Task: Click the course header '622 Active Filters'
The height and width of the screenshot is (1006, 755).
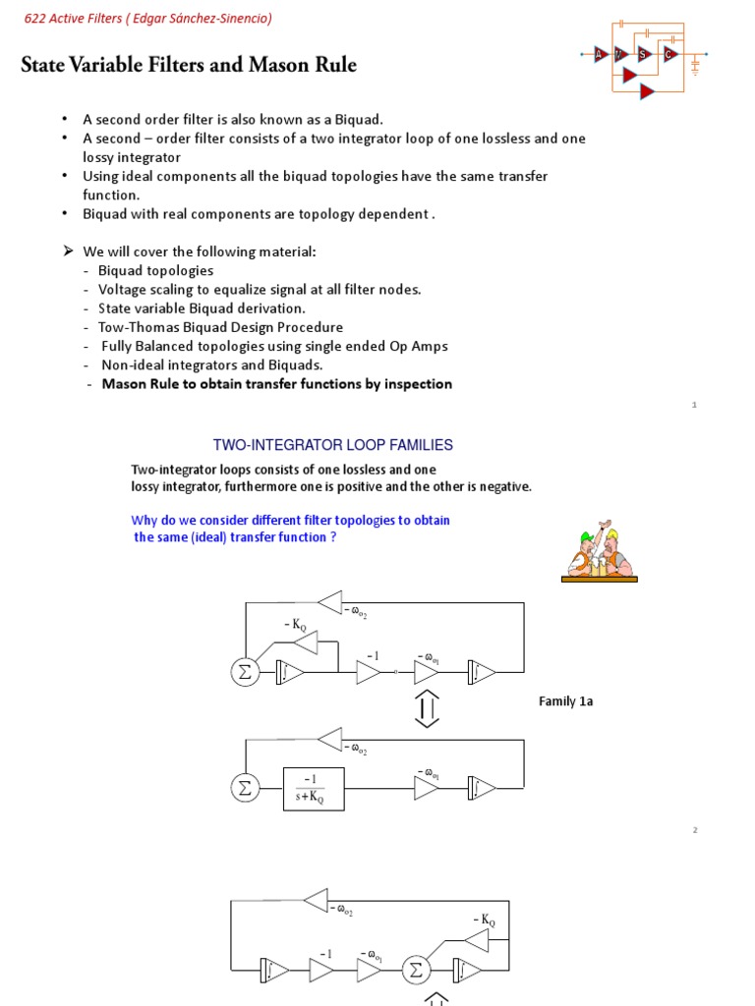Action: (146, 18)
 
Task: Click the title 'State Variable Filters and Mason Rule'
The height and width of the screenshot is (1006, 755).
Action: (189, 66)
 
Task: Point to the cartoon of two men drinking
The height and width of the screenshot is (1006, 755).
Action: (599, 552)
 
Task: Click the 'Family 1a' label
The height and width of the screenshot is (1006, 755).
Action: (565, 700)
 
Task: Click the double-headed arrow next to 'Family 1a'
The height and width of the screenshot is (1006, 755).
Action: (427, 708)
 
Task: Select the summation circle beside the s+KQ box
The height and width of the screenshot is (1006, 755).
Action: (244, 788)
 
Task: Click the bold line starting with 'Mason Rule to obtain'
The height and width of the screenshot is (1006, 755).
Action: (276, 384)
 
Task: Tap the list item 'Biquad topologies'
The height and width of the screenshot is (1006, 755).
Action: (155, 270)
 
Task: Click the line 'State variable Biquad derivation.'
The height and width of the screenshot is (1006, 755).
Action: (202, 308)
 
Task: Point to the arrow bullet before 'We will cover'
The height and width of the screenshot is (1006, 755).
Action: (69, 251)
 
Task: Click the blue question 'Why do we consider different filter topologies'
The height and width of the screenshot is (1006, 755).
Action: (290, 520)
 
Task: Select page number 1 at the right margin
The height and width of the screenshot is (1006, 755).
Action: (693, 405)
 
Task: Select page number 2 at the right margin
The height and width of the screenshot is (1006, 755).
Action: (693, 830)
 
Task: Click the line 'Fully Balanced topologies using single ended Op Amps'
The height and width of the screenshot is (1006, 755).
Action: (274, 346)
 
